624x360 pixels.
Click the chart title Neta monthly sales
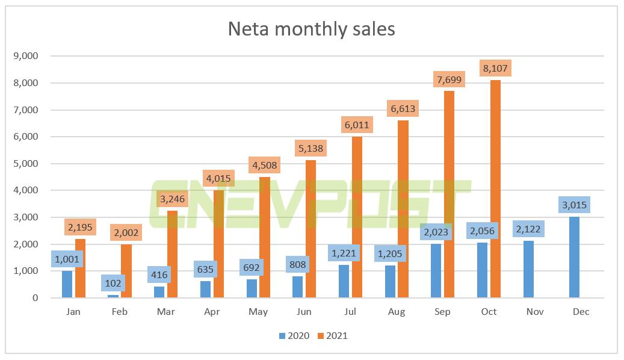coord(311,28)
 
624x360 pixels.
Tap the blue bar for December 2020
coord(575,257)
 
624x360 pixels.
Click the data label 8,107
coord(495,69)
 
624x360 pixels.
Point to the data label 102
coord(114,282)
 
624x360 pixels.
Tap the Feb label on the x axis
coord(120,311)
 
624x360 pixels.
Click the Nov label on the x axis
coord(535,311)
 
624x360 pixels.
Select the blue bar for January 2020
coord(67,284)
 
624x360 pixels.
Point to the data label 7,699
coord(449,79)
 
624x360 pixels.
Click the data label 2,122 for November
coord(529,229)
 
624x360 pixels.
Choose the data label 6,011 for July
coord(357,125)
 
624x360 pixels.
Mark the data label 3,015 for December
coord(575,205)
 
